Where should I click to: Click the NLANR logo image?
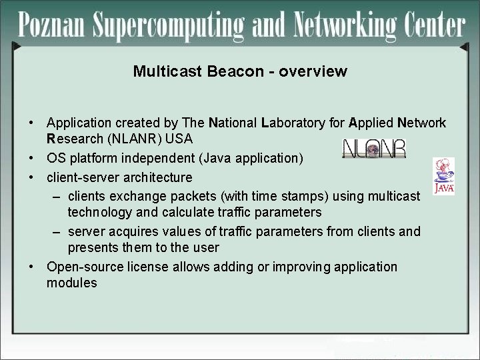pos(373,149)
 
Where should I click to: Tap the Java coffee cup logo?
pos(443,176)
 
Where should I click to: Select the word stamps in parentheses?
pos(298,196)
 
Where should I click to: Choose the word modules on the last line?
pos(71,283)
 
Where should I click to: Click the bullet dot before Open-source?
pos(32,267)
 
